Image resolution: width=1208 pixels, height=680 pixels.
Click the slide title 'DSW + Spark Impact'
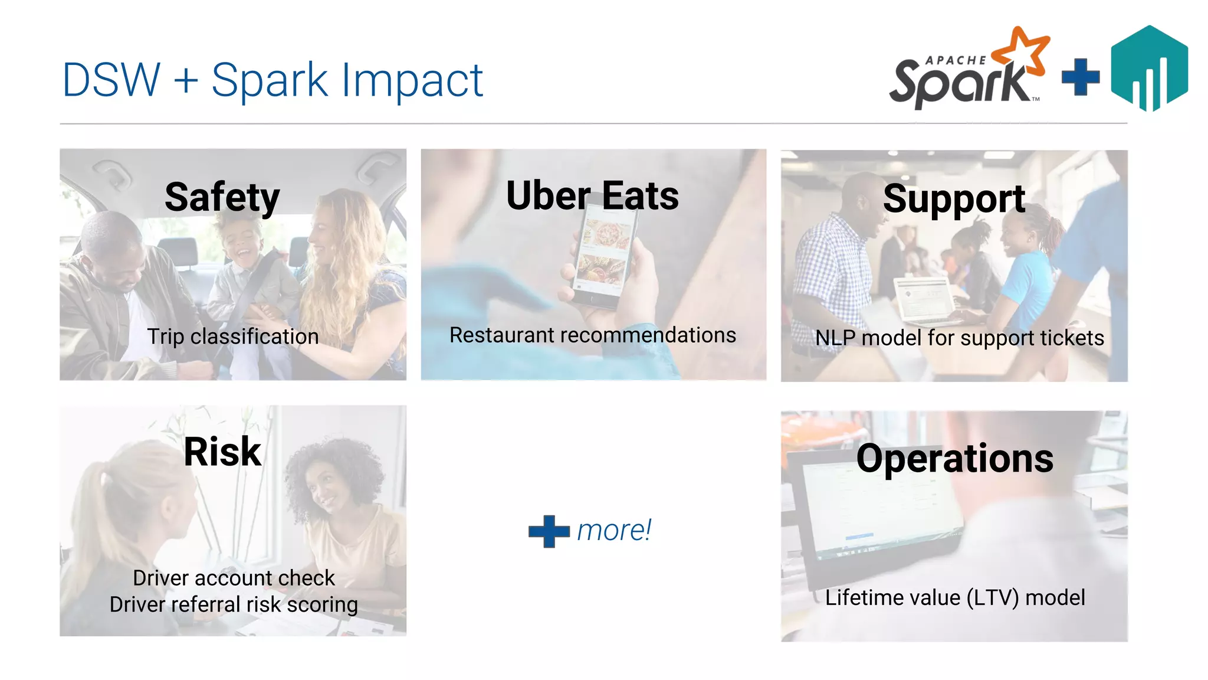click(273, 80)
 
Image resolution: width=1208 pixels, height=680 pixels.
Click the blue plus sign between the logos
click(1081, 77)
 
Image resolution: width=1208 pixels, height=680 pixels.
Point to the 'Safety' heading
click(222, 197)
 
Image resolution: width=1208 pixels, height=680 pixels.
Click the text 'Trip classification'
click(233, 336)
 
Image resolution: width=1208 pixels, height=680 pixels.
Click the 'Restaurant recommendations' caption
click(593, 335)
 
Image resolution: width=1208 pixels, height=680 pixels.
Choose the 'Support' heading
click(954, 199)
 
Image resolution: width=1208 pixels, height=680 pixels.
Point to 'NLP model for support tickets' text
click(960, 338)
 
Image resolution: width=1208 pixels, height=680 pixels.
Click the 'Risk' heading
click(222, 452)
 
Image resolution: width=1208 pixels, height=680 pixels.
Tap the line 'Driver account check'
click(234, 578)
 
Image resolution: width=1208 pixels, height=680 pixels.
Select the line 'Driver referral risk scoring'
click(234, 604)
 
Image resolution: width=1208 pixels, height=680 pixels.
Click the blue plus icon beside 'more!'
click(549, 531)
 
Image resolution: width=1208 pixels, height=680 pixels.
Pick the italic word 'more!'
click(614, 530)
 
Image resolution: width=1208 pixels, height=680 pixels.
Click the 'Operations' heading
click(954, 459)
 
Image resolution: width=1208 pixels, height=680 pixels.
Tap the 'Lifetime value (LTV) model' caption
click(955, 597)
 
